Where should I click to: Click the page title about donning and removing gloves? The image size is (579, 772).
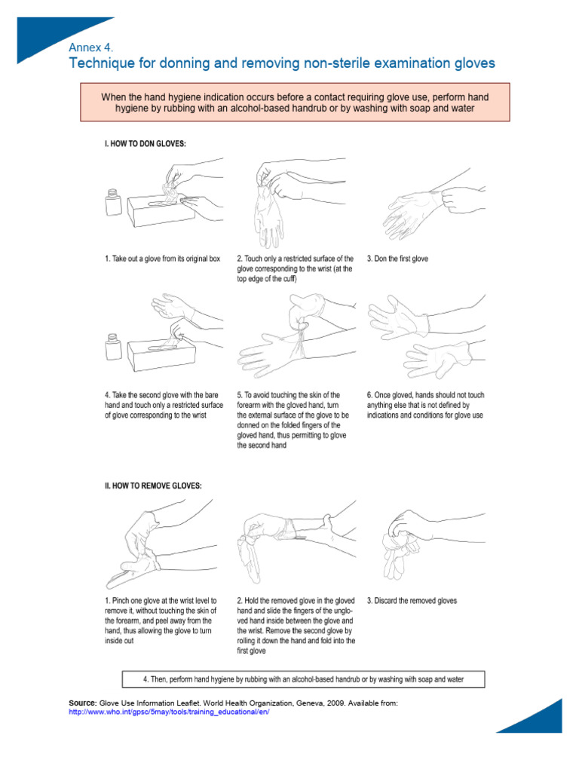pyautogui.click(x=281, y=63)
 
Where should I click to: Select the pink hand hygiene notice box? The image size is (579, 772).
pyautogui.click(x=295, y=103)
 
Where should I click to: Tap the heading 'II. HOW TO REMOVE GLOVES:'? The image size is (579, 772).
pyautogui.click(x=153, y=486)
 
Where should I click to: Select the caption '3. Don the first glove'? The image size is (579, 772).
pyautogui.click(x=397, y=259)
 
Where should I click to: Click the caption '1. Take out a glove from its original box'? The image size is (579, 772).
pyautogui.click(x=162, y=259)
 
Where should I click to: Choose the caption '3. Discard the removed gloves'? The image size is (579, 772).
pyautogui.click(x=412, y=601)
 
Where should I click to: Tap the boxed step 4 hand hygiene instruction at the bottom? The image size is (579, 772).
pyautogui.click(x=303, y=679)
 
